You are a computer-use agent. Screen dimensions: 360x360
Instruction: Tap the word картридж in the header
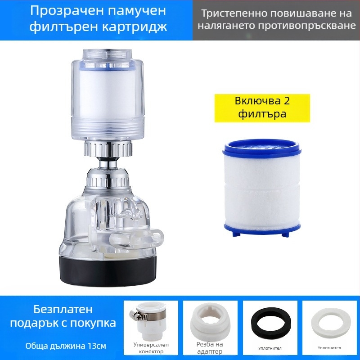point(134,27)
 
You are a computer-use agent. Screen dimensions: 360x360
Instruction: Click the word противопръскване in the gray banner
point(307,26)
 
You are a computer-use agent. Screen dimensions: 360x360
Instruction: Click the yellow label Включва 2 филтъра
point(262,108)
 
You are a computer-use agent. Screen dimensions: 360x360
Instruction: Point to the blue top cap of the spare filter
point(262,148)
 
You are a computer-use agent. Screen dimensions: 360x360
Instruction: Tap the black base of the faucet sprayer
point(108,271)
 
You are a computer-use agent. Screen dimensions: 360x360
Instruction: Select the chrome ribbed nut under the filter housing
point(108,149)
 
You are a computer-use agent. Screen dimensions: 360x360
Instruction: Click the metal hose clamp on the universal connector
point(139,314)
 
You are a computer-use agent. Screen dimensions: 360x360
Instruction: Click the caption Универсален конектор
point(151,348)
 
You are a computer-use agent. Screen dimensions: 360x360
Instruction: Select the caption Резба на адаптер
point(210,348)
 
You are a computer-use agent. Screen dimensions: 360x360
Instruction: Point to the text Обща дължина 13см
point(66,346)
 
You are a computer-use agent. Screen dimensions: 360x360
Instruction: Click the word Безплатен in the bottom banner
point(63,309)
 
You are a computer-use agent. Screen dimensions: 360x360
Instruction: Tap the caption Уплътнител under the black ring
point(270,348)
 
